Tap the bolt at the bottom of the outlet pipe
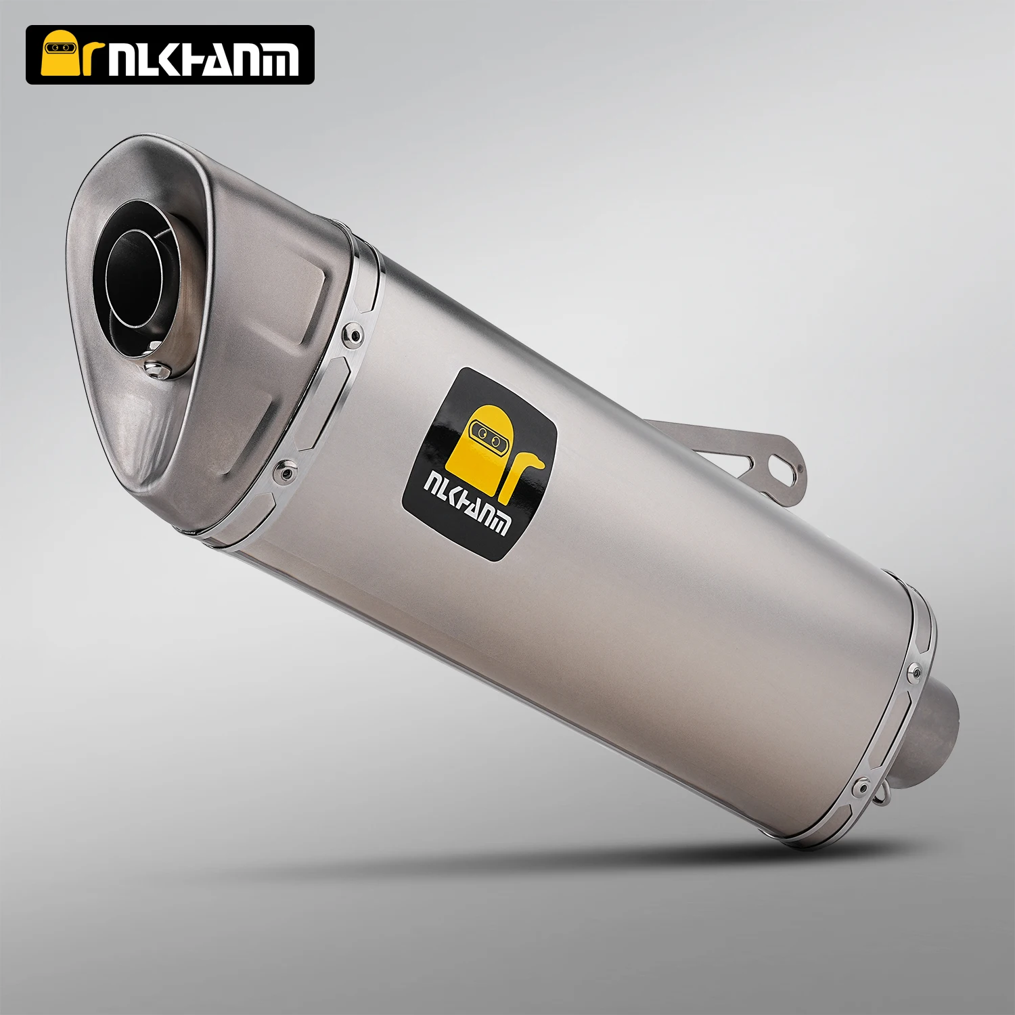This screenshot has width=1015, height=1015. [x=156, y=369]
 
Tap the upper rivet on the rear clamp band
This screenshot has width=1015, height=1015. [x=914, y=671]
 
